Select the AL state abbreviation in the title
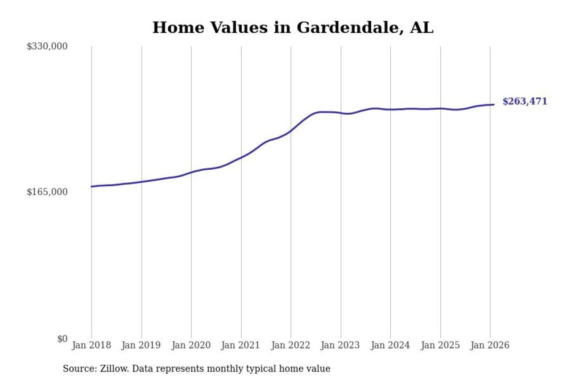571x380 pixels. tap(422, 28)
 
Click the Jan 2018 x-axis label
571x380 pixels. tap(91, 345)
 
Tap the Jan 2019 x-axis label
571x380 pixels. tap(141, 345)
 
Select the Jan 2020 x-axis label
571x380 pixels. tap(191, 345)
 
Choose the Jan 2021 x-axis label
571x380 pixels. tap(241, 345)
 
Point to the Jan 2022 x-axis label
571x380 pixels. tap(291, 345)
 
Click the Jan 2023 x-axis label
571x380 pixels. tap(341, 345)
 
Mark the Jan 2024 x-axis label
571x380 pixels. tap(390, 345)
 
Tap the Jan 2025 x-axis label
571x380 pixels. tap(440, 345)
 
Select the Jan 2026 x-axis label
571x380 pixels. tap(490, 345)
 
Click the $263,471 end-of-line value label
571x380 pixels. tap(525, 102)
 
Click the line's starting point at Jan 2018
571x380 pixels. tap(92, 186)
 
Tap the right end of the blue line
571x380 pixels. tap(493, 105)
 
